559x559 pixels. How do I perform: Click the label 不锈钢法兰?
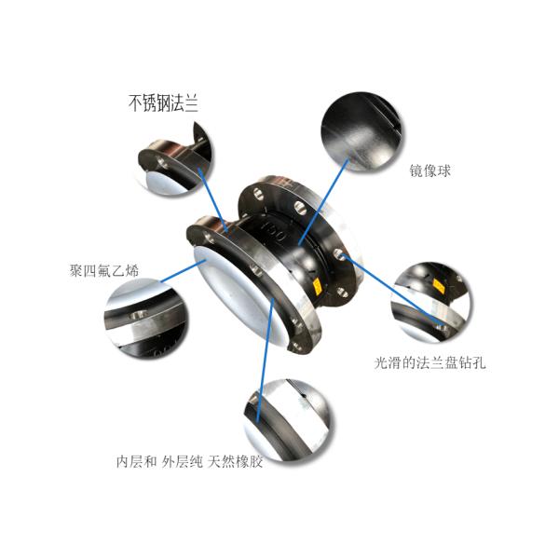(x=163, y=103)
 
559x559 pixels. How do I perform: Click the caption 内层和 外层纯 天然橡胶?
(x=189, y=461)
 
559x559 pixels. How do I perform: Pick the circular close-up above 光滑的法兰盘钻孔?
(x=429, y=300)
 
